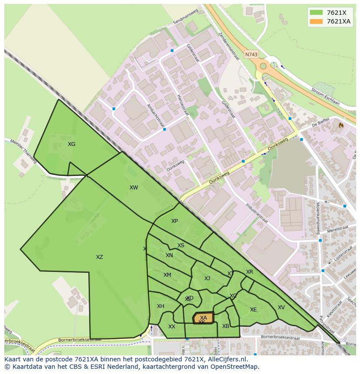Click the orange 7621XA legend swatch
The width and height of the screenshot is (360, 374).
(316, 22)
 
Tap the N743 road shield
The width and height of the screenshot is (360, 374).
(251, 55)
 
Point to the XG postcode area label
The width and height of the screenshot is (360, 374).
(72, 144)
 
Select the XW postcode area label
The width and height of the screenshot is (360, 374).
(133, 188)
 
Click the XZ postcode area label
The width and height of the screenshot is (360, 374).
(100, 257)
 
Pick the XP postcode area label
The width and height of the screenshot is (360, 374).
(174, 221)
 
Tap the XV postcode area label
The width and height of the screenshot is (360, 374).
(281, 308)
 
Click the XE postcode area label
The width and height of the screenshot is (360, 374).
(253, 310)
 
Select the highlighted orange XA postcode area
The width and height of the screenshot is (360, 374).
(203, 318)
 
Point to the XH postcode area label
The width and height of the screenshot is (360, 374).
(160, 306)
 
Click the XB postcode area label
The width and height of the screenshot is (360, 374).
(226, 326)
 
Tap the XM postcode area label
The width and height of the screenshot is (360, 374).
(167, 275)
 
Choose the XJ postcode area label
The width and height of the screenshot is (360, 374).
(207, 278)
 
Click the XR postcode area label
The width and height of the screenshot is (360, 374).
(250, 272)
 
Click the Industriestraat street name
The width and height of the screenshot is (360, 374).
(257, 212)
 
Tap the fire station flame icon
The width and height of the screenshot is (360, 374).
(341, 125)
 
